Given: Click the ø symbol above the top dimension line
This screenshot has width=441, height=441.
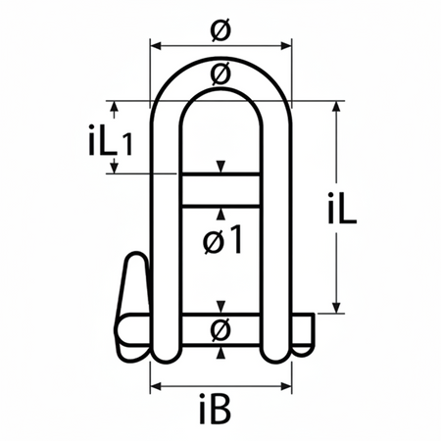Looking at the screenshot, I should (x=220, y=31).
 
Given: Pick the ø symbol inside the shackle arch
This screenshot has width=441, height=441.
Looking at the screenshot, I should (x=220, y=73).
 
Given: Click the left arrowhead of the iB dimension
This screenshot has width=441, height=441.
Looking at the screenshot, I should (x=154, y=385).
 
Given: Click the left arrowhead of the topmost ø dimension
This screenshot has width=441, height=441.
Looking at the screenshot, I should (x=154, y=45).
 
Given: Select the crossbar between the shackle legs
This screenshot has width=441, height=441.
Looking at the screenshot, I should (x=220, y=188).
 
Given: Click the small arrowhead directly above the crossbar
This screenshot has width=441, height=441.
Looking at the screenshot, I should (x=222, y=166).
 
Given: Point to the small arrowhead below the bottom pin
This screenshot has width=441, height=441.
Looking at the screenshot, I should (x=222, y=353).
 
